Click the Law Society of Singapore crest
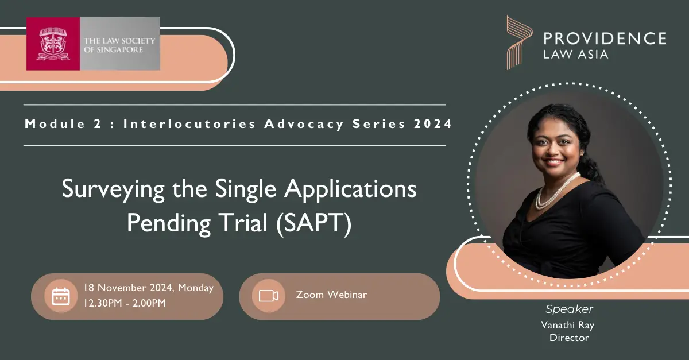[53, 44]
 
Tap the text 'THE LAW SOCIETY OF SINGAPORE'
[119, 45]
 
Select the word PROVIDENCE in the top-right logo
[605, 39]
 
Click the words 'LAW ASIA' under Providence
[576, 55]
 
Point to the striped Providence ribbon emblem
[520, 42]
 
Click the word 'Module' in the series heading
[55, 123]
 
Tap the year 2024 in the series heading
[432, 123]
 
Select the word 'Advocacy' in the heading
[304, 125]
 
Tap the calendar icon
[61, 296]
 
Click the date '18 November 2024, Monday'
[149, 288]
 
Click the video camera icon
[269, 296]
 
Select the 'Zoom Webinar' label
[332, 295]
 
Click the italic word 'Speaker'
[569, 309]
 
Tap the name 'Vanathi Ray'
[568, 325]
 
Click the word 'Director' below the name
[569, 338]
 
